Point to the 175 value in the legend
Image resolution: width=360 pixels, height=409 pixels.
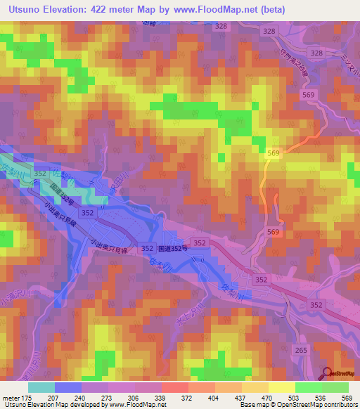coord(25,397)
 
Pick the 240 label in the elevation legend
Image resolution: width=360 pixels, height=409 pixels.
coord(80,397)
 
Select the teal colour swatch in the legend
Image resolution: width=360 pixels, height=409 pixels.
coord(41,387)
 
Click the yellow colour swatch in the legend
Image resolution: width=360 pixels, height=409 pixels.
coord(282,387)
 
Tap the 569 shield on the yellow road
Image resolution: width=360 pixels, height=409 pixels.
coord(274,154)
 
